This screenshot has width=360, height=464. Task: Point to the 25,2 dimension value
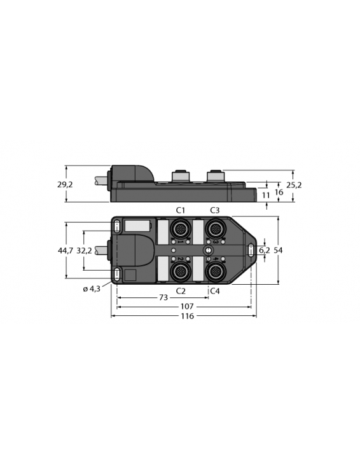(294, 185)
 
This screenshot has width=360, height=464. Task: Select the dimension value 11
(266, 196)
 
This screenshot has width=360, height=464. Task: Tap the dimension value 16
(279, 192)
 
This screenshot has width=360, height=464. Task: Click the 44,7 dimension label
(66, 250)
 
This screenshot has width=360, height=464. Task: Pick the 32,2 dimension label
(84, 250)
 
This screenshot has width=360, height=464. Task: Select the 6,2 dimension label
(265, 250)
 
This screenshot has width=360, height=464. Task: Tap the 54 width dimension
(278, 250)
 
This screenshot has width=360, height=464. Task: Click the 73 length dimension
(163, 297)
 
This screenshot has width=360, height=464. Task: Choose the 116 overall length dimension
(186, 316)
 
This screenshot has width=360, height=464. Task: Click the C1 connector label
(180, 210)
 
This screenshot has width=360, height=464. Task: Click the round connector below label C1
(180, 228)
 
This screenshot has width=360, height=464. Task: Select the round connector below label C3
(214, 228)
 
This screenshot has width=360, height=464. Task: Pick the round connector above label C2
(180, 271)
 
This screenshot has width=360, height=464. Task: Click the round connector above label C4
(214, 271)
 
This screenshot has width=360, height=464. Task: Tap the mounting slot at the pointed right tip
(252, 250)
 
